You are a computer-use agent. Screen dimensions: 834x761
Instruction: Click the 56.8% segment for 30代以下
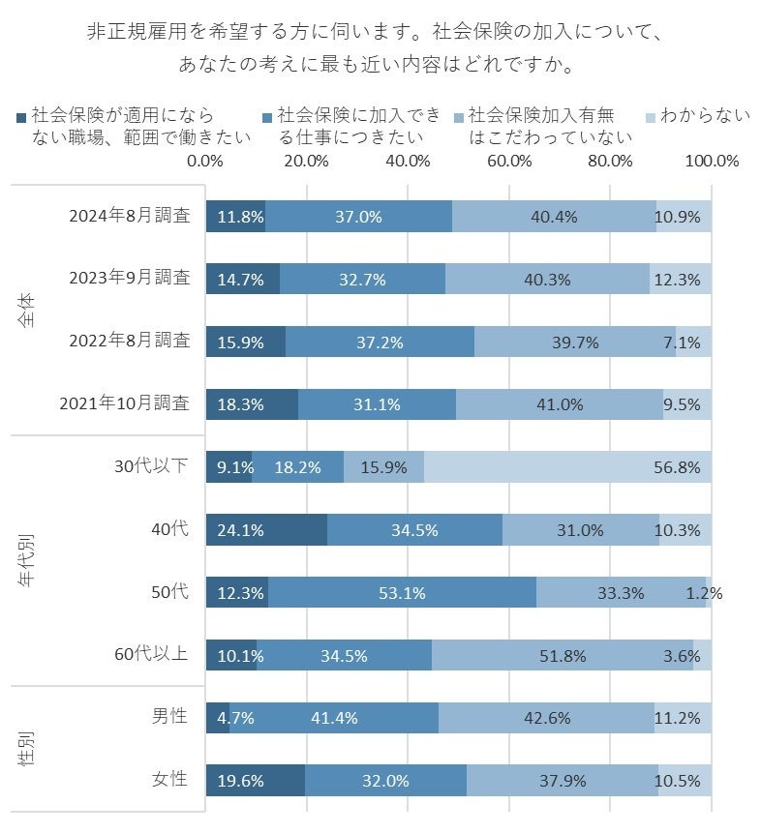pos(567,467)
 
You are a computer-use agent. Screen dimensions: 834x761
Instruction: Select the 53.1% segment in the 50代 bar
pos(402,592)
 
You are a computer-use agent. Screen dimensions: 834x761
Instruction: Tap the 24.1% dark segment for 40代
pos(266,530)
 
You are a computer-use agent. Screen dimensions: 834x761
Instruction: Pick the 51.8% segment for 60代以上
pos(562,655)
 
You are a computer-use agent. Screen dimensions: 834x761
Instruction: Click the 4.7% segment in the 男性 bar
pos(218,718)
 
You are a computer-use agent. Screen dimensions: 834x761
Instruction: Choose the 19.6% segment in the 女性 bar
pos(256,781)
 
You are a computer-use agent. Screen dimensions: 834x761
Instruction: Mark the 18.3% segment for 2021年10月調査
pos(252,404)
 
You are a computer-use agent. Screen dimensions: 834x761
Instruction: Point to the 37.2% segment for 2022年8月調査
pos(380,342)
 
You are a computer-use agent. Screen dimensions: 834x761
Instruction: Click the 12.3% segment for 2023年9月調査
pos(680,279)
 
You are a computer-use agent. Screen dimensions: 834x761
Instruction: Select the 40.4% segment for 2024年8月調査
pos(554,217)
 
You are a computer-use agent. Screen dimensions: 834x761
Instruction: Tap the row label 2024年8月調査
pos(129,217)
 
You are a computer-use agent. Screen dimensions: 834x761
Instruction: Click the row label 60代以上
pos(152,655)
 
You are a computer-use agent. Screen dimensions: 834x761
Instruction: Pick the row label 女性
pos(169,781)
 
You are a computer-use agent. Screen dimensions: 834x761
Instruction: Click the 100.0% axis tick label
pos(712,161)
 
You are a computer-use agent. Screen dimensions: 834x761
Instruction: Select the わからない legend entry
pos(703,116)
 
